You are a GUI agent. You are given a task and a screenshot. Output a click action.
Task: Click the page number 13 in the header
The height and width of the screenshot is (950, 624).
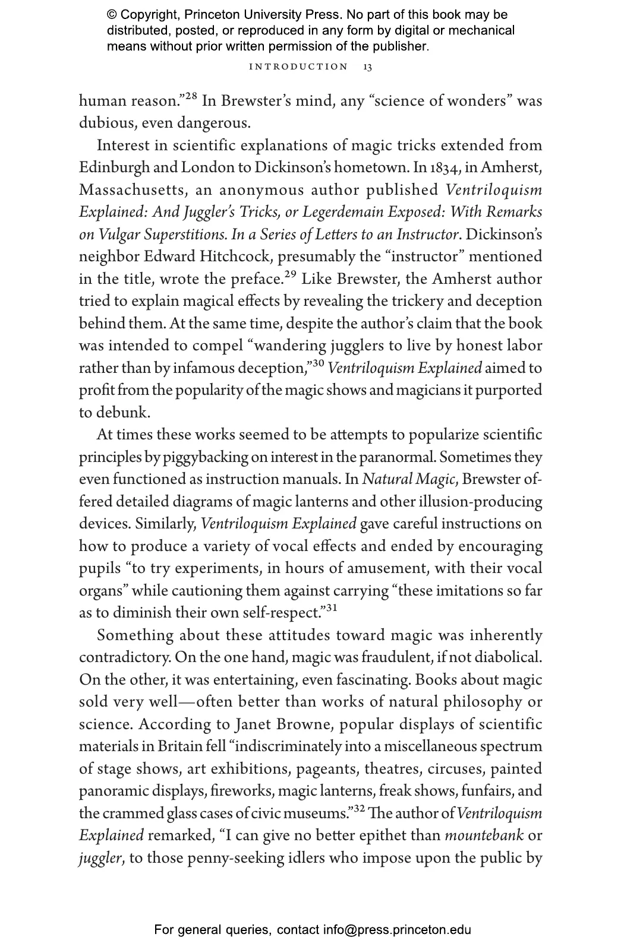[x=367, y=67]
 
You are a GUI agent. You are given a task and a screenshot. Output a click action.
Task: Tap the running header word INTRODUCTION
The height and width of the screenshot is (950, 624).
[x=299, y=67]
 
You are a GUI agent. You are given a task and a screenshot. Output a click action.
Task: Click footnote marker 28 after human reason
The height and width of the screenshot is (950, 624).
[x=190, y=96]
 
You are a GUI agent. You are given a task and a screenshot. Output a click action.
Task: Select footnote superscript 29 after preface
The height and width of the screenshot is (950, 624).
[x=290, y=274]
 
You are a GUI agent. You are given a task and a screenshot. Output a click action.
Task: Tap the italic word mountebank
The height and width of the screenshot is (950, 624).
[x=484, y=836]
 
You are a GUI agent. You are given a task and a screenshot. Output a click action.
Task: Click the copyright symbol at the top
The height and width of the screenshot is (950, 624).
[x=112, y=15]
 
